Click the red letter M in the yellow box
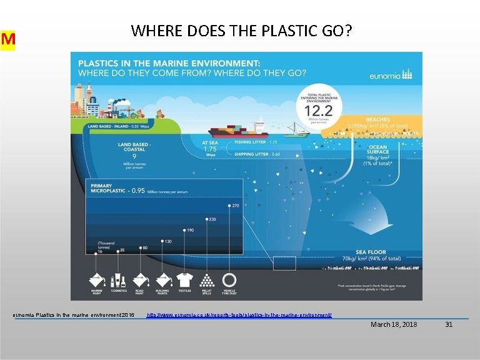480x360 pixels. [8, 40]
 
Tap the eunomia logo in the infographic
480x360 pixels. [392, 74]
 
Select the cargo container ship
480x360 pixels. [238, 129]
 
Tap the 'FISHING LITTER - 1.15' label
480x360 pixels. [257, 142]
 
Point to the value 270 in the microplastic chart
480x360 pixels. [236, 206]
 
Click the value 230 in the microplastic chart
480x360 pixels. [212, 219]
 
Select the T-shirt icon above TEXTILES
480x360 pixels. [184, 279]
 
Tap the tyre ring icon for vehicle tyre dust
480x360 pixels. [229, 279]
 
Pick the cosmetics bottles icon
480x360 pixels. [119, 279]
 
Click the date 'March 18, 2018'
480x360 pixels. [394, 324]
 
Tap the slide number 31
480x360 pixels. [449, 324]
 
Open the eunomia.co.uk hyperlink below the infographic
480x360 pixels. [239, 314]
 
